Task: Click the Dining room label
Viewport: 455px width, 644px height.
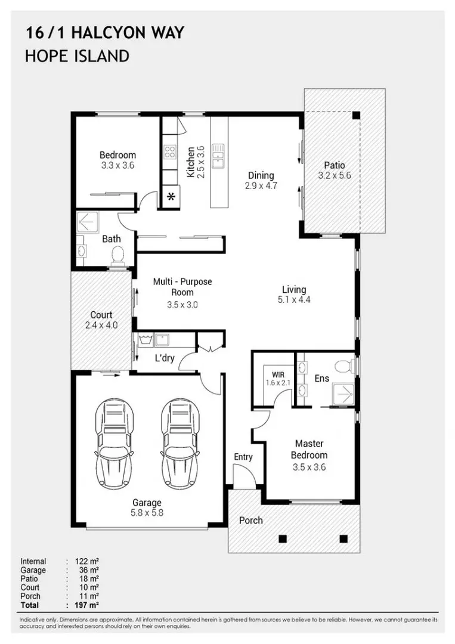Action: [261, 175]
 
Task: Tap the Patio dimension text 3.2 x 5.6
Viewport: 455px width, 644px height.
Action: [335, 175]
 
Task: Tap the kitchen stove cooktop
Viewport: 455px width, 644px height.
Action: [169, 152]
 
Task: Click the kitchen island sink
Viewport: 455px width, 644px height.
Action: [218, 156]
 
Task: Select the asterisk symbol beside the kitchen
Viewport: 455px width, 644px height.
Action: [171, 197]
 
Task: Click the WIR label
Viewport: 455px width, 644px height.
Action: [278, 375]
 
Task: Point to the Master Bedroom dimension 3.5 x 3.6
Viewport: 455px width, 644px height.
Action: [309, 467]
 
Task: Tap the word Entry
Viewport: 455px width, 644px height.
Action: [243, 457]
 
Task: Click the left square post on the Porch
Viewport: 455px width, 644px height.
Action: [282, 539]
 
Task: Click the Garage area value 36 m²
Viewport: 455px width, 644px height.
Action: [89, 570]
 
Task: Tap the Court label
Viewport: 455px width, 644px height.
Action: [101, 315]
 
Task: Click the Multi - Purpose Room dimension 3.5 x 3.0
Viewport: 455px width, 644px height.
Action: [182, 305]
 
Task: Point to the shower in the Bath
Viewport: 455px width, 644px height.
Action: [88, 222]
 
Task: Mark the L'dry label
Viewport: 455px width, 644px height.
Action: [164, 358]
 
